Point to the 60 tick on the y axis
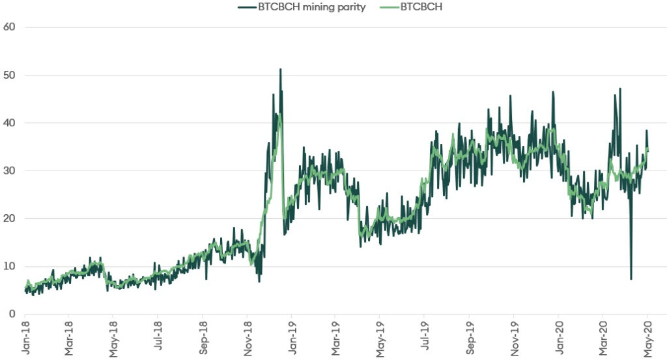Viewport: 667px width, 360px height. (9, 27)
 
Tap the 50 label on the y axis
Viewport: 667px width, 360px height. (9, 75)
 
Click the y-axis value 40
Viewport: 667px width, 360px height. (9, 123)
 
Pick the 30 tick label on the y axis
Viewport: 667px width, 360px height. (9, 171)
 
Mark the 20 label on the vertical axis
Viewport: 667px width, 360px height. (9, 219)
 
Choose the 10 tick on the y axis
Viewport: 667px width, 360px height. (9, 266)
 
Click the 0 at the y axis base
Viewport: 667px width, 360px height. (12, 314)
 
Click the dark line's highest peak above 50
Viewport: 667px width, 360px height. (280, 70)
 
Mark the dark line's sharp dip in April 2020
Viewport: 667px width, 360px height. (631, 279)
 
